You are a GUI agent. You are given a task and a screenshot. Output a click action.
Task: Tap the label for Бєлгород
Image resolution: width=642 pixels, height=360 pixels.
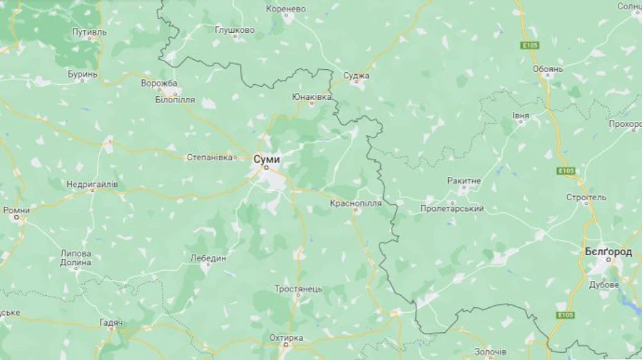(x=608, y=252)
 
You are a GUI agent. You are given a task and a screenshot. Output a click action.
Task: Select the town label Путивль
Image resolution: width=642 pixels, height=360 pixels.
(x=89, y=33)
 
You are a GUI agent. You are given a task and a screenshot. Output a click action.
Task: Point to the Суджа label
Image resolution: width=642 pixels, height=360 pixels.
(x=356, y=75)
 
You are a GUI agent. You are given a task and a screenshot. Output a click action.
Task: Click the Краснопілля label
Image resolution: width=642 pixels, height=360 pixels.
(x=355, y=203)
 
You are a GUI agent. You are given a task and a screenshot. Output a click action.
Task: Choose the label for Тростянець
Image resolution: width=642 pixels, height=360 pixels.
(x=298, y=289)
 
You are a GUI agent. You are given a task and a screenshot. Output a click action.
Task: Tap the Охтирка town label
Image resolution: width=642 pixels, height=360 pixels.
(x=286, y=337)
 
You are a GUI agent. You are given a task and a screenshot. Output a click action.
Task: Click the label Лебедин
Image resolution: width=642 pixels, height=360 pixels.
(x=208, y=258)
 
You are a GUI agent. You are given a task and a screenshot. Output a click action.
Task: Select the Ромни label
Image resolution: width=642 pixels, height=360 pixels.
(x=16, y=210)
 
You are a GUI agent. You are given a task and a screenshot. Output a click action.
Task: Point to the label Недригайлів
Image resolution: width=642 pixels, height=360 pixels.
(x=92, y=185)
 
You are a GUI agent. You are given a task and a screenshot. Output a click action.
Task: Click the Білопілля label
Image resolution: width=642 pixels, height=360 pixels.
(x=175, y=100)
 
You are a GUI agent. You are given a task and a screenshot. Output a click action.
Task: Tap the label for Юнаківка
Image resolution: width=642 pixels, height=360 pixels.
(x=312, y=96)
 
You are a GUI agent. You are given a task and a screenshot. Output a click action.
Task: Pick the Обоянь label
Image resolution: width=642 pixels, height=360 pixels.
(x=548, y=69)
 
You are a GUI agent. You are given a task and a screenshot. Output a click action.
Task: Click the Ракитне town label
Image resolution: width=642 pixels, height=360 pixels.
(x=464, y=181)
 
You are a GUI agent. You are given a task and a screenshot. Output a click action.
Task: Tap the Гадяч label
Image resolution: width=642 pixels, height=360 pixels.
(x=111, y=323)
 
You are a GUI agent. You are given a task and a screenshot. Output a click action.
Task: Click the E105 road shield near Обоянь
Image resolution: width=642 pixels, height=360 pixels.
(x=529, y=45)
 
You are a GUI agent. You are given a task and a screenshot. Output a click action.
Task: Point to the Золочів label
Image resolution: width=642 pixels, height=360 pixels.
(x=491, y=352)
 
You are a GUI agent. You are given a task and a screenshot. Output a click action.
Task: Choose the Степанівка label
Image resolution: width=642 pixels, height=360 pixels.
(x=210, y=157)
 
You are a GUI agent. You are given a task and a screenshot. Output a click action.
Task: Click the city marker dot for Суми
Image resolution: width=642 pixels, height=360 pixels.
(x=266, y=168)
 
